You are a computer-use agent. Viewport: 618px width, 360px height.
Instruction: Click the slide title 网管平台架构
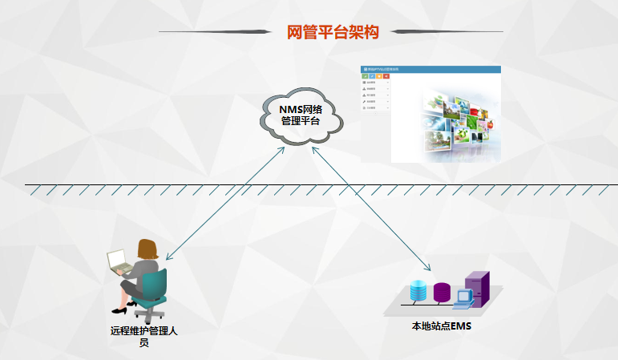(x=333, y=32)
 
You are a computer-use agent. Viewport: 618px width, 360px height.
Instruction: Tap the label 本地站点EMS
(x=441, y=326)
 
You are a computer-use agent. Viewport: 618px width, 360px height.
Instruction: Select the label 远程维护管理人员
(x=144, y=336)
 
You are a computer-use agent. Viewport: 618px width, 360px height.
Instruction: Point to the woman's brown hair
(x=147, y=249)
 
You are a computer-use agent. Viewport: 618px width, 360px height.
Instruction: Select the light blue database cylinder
(x=418, y=290)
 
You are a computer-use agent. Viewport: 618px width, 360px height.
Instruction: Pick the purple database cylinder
(x=442, y=292)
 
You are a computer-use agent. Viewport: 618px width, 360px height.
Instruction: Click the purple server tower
(x=478, y=289)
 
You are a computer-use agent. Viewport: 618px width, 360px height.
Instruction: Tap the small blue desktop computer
(x=462, y=299)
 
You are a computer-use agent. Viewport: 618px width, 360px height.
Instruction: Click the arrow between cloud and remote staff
(x=224, y=204)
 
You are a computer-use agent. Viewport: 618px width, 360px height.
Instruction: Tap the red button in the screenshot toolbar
(x=386, y=75)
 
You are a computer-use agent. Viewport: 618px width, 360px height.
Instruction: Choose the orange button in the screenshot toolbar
(x=380, y=75)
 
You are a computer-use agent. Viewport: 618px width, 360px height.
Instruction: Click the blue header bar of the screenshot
(x=433, y=69)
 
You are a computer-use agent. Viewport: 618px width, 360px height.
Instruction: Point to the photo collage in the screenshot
(x=458, y=120)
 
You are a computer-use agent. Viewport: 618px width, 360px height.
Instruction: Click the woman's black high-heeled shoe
(x=119, y=309)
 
